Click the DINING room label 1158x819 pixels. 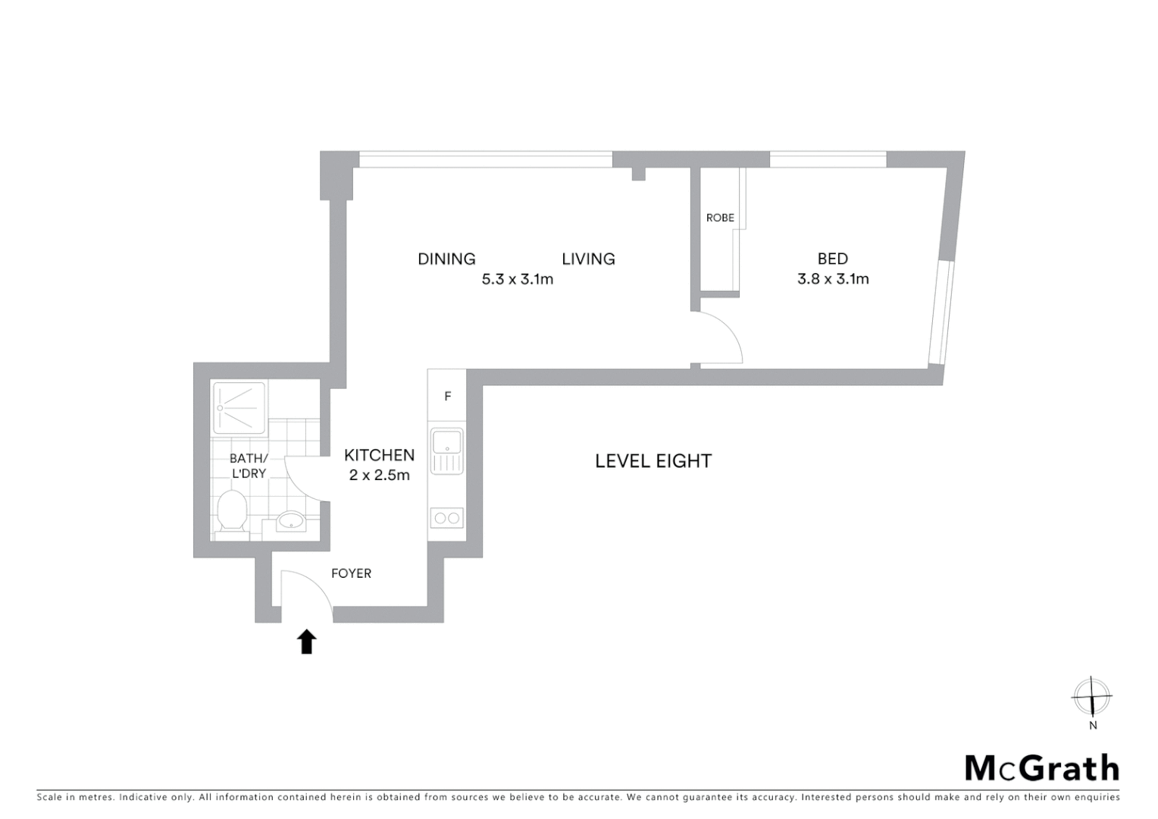coord(446,259)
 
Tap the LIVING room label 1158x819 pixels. coord(588,259)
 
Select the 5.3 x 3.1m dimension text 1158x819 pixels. coord(518,279)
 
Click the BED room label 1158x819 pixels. coord(832,259)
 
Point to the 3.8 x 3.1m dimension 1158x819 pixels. coord(833,279)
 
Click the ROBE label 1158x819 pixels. coord(720,218)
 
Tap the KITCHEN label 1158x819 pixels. coord(379,455)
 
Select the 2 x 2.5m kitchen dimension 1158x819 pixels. coord(379,475)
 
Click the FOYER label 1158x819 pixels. coord(352,574)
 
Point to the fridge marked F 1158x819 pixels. coord(448,397)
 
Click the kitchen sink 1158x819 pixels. coord(447,451)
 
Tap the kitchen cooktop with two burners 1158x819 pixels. coord(446,519)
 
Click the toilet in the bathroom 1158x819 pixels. coord(232,511)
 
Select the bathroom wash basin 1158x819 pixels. coord(290,521)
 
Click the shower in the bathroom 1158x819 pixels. coord(239,409)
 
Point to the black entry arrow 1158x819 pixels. coord(306,642)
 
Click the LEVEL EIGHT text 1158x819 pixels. coord(653,461)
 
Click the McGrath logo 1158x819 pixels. coord(1041,768)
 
